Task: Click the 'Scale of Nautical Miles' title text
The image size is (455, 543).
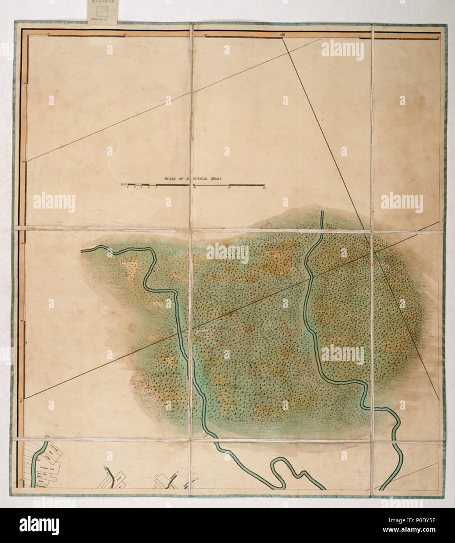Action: pos(193,178)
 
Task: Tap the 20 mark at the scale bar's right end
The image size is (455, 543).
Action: pos(264,188)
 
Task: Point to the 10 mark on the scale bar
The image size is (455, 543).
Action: pos(194,188)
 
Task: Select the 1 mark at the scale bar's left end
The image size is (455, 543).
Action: pos(128,188)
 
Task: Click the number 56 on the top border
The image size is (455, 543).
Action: pos(282,35)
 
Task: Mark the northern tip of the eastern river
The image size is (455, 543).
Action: pos(322,213)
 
